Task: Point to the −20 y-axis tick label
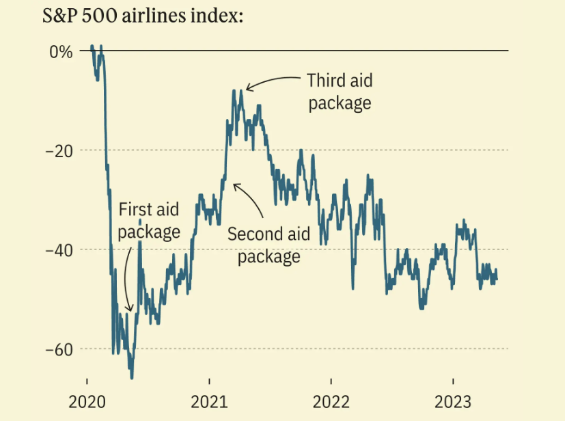coord(58,150)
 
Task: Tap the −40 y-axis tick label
coord(58,249)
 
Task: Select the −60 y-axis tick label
coord(58,349)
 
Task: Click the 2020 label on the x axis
coord(87,400)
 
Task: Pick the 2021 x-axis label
coord(209,400)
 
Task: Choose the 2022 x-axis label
coord(331,400)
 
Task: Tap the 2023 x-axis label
coord(453,400)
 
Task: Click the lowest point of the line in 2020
coord(132,378)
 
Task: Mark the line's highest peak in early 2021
coord(234,90)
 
